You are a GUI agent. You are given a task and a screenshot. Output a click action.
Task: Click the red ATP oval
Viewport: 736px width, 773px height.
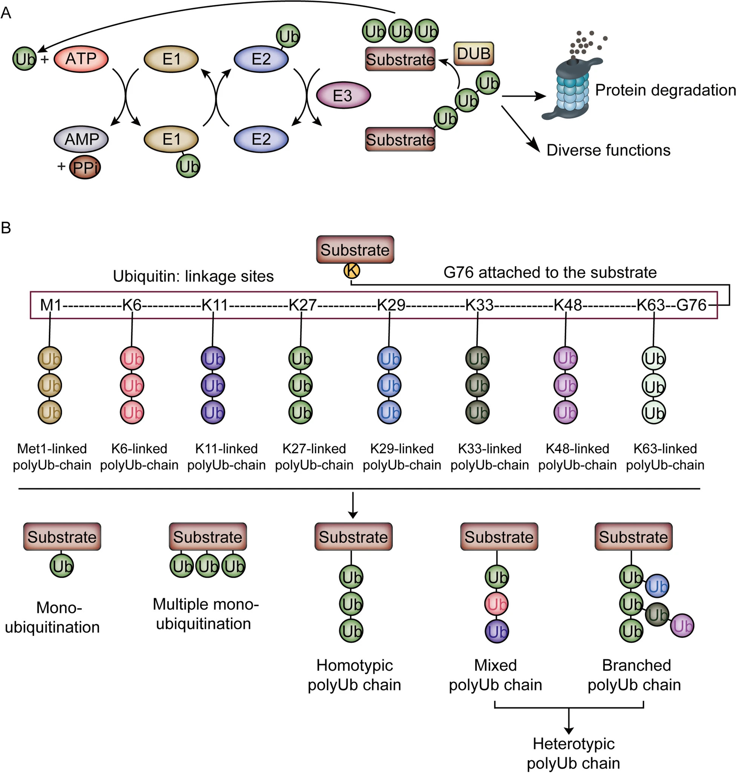pyautogui.click(x=80, y=59)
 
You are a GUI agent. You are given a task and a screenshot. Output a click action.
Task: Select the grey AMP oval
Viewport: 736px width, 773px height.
pyautogui.click(x=81, y=139)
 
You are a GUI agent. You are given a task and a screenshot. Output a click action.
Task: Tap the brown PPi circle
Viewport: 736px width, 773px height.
pyautogui.click(x=85, y=167)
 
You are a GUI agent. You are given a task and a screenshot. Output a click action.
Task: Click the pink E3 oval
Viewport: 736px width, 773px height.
pyautogui.click(x=343, y=96)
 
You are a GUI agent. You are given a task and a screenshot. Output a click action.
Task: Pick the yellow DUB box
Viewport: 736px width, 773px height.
pyautogui.click(x=474, y=54)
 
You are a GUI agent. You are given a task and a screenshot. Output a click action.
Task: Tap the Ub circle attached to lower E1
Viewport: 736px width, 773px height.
pyautogui.click(x=189, y=166)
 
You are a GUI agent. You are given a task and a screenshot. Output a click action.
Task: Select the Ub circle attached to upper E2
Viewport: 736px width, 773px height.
pyautogui.click(x=288, y=37)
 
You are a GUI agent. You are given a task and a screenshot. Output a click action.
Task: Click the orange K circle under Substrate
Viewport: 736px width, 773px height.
pyautogui.click(x=352, y=270)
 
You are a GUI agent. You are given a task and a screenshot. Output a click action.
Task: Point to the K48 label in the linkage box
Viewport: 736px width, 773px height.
pyautogui.click(x=567, y=305)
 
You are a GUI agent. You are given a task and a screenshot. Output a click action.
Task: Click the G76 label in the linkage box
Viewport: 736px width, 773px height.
pyautogui.click(x=691, y=305)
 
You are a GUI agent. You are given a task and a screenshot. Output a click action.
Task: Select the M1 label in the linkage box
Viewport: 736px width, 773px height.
pyautogui.click(x=51, y=305)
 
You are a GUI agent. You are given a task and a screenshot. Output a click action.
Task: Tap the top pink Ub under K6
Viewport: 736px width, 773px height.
pyautogui.click(x=132, y=359)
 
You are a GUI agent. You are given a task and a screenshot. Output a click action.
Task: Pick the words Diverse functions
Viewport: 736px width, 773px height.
pyautogui.click(x=608, y=150)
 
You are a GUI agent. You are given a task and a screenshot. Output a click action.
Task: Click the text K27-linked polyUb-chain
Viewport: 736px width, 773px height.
pyautogui.click(x=314, y=457)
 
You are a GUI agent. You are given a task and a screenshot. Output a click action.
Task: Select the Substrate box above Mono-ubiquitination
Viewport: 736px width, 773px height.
pyautogui.click(x=62, y=537)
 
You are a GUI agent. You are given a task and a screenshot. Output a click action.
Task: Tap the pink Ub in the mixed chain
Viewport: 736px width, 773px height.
pyautogui.click(x=497, y=604)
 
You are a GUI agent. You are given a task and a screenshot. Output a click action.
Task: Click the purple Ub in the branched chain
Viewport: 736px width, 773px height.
pyautogui.click(x=682, y=626)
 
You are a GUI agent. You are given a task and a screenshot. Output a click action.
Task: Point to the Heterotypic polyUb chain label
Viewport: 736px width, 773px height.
pyautogui.click(x=573, y=753)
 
